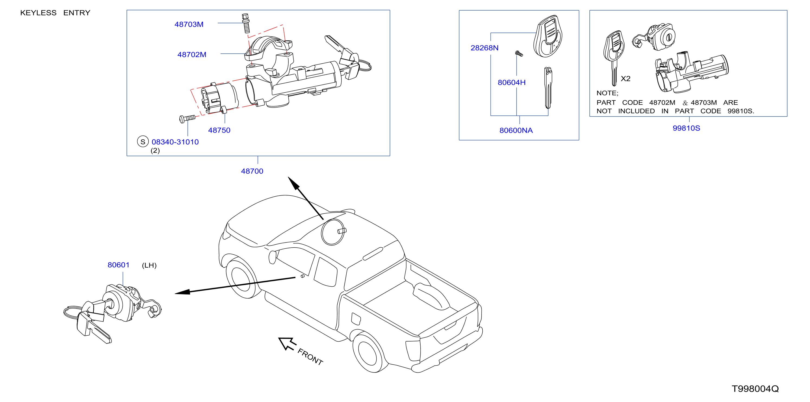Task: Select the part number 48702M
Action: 192,54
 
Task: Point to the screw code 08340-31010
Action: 175,142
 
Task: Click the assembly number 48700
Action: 252,171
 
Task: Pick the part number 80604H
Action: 512,82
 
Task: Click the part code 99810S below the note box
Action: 686,128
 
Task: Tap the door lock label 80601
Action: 118,265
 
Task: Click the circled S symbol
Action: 143,141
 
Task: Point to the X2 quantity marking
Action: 625,79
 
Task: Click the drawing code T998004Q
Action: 755,389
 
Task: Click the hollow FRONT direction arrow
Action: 287,343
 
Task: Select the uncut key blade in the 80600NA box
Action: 548,88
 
